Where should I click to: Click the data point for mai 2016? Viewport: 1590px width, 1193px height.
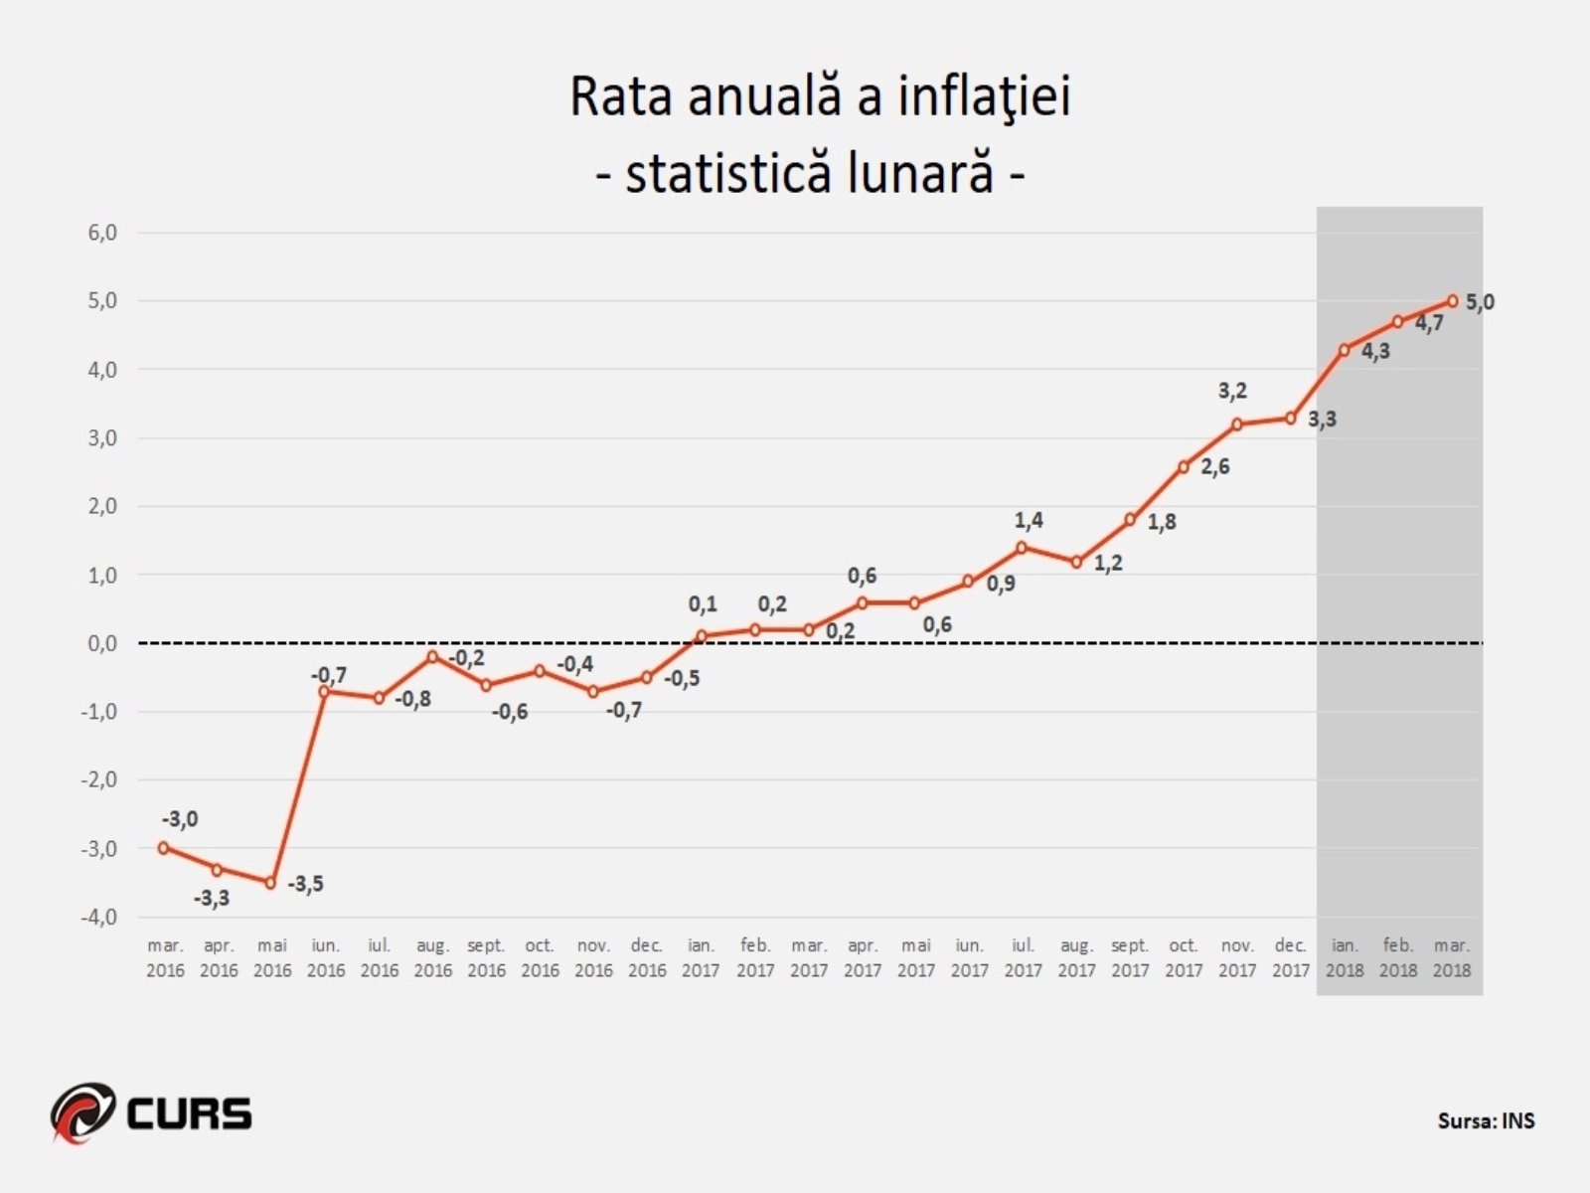tap(271, 883)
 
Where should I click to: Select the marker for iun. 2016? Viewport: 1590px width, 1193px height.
tap(325, 691)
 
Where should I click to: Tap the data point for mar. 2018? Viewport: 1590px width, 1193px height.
tap(1452, 300)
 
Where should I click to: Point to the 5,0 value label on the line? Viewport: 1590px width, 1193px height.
tap(1480, 302)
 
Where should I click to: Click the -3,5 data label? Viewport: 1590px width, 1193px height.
tap(305, 884)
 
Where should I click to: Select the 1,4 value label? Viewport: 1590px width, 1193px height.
tap(1029, 520)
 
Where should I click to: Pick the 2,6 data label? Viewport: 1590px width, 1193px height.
tap(1214, 466)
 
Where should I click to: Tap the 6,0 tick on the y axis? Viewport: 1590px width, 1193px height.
tap(102, 233)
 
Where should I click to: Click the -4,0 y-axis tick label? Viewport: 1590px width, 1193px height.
tap(98, 917)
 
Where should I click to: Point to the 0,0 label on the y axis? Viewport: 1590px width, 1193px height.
tap(102, 643)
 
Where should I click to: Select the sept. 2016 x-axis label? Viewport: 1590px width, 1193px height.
tap(486, 958)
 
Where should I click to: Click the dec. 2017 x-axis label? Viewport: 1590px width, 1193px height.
tap(1290, 958)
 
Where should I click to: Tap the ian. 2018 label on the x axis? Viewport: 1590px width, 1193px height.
tap(1345, 958)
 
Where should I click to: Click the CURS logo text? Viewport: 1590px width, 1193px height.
tap(189, 1112)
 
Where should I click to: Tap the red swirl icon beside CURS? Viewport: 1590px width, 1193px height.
tap(82, 1111)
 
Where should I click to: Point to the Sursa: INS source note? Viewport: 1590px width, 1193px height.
tap(1486, 1120)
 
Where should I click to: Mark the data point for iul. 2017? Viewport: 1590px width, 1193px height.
tap(1022, 548)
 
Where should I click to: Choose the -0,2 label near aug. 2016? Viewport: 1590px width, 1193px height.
tap(466, 658)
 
